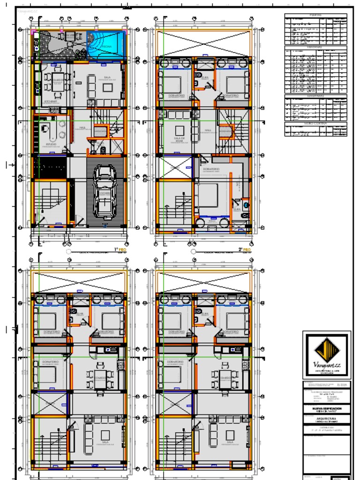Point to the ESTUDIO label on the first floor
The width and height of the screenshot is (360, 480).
click(x=52, y=144)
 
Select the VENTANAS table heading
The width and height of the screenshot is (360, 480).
click(x=315, y=47)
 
